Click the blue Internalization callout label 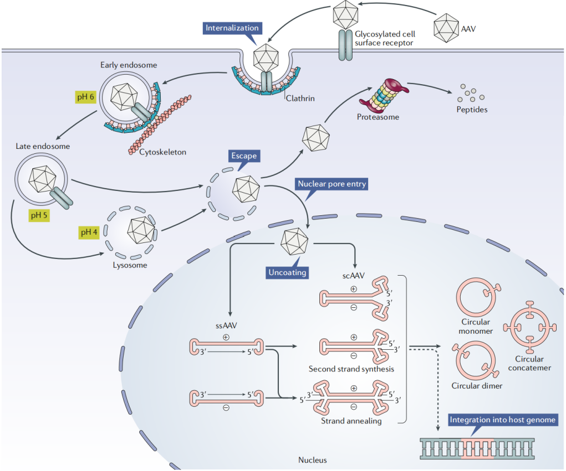[232, 28]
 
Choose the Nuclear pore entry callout [332, 184]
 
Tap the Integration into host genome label [502, 420]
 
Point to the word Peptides [472, 110]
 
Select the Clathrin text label [300, 99]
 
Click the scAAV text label [354, 273]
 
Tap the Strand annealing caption [351, 421]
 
